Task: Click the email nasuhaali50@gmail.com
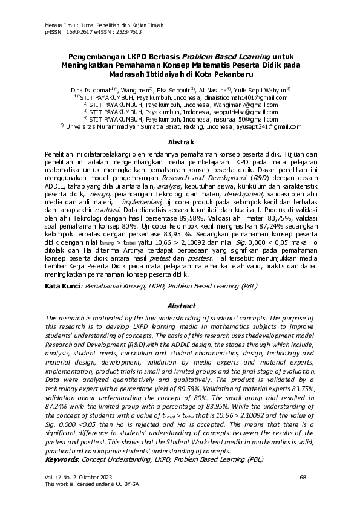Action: click(x=242, y=119)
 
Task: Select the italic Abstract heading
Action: click(x=180, y=306)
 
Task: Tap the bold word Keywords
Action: click(x=61, y=459)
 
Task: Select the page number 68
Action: click(x=303, y=478)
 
